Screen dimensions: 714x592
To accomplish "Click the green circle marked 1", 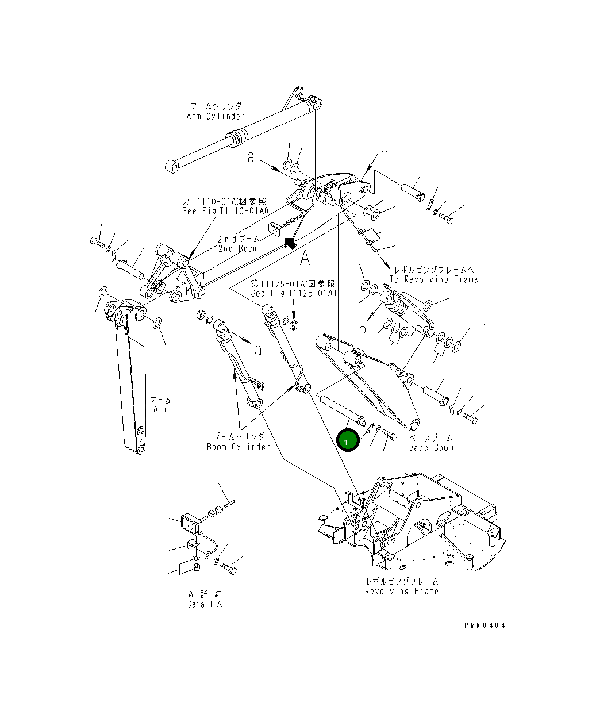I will (x=346, y=441).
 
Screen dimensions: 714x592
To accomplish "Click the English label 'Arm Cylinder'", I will (x=216, y=116).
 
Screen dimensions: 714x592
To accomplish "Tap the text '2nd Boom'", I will (x=237, y=248).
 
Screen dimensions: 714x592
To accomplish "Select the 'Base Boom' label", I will (x=431, y=447).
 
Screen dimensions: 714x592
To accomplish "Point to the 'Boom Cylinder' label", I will (x=238, y=447).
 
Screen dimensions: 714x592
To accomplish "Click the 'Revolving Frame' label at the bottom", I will (x=401, y=591).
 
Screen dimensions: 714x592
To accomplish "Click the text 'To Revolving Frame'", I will (x=433, y=279).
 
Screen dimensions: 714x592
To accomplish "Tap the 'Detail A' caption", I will (x=205, y=604).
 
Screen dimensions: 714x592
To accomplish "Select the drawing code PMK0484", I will (x=485, y=625).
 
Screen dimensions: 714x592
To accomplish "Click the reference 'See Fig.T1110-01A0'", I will (x=225, y=211).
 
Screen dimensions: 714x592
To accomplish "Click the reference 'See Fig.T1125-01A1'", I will (x=293, y=293).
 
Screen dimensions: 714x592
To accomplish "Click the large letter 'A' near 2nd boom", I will (x=305, y=259).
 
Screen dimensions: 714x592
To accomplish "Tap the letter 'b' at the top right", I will (x=384, y=148).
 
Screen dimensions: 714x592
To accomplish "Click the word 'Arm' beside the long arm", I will (x=160, y=409).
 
